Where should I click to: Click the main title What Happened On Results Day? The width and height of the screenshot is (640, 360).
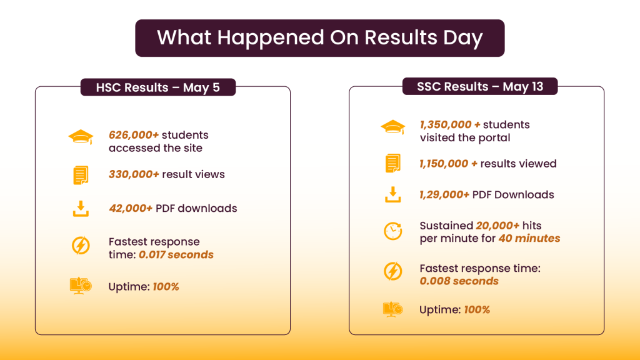point(319,37)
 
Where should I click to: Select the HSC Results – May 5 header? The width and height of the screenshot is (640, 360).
point(158,87)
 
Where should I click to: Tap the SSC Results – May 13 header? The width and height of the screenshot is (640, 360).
point(480,86)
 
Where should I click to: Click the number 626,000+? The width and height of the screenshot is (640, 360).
point(134,135)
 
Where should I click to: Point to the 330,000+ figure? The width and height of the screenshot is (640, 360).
point(134,174)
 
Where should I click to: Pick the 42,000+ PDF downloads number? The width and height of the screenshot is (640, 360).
point(131,208)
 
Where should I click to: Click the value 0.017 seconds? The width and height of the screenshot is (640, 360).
point(176,255)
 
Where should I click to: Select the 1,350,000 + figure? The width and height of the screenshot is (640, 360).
point(450,124)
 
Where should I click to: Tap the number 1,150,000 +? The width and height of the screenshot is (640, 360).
point(448,164)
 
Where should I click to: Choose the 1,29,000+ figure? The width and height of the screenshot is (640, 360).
point(444,195)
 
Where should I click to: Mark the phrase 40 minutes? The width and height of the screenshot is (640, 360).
point(529,238)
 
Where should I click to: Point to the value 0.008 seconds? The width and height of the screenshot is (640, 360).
point(459,281)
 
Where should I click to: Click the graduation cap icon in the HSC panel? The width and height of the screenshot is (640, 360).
point(81,137)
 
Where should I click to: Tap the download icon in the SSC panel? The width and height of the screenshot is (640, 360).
point(392,195)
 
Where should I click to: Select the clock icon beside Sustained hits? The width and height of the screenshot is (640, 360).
point(392,231)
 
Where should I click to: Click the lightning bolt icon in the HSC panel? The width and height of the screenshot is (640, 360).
point(81,246)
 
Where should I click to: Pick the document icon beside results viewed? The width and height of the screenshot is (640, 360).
point(392,163)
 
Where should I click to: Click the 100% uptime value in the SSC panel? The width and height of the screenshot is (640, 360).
point(477,310)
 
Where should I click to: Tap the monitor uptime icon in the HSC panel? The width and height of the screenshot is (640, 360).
point(81,286)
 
